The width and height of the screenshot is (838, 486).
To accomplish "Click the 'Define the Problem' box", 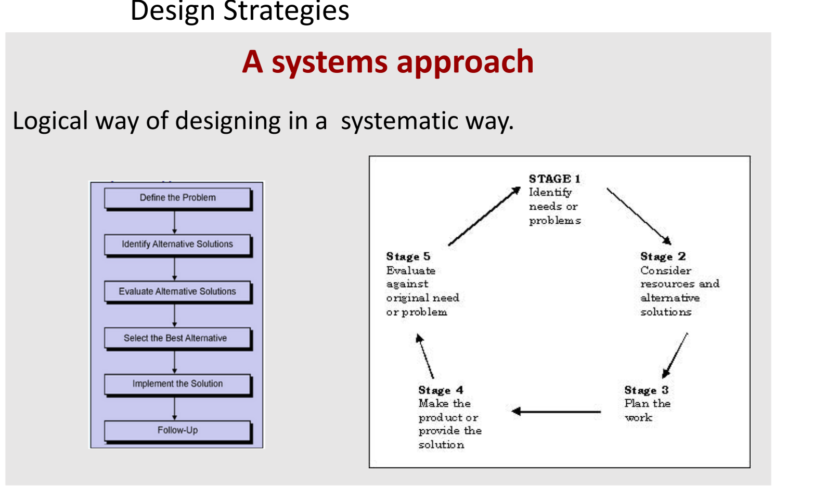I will point(177,198).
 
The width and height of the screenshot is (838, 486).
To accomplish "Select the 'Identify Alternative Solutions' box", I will point(177,244).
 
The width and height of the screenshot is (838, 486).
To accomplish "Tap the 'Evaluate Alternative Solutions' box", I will point(177,291).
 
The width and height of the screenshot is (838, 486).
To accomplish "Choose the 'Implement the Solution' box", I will point(177,384).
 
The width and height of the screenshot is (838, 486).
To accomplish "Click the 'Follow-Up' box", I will point(177,430).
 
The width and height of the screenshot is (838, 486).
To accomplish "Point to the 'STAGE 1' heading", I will point(555,179).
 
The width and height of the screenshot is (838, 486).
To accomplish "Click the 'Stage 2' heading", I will point(663,257).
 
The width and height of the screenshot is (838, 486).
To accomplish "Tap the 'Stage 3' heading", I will point(646,390).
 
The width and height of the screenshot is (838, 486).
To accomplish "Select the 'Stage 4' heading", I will point(441,390).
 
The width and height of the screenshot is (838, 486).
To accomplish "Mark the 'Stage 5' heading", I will point(408,257).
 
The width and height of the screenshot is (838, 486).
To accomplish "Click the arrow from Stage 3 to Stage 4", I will point(556,412).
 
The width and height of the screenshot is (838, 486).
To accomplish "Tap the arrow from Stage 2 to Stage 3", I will point(675,356).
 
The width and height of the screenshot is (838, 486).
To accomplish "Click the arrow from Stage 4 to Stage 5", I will point(425,356).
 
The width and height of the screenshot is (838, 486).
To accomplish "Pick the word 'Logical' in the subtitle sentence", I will point(50,121).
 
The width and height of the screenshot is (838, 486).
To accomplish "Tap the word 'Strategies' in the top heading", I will point(286,11).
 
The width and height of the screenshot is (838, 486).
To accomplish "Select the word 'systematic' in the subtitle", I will point(399,121).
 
